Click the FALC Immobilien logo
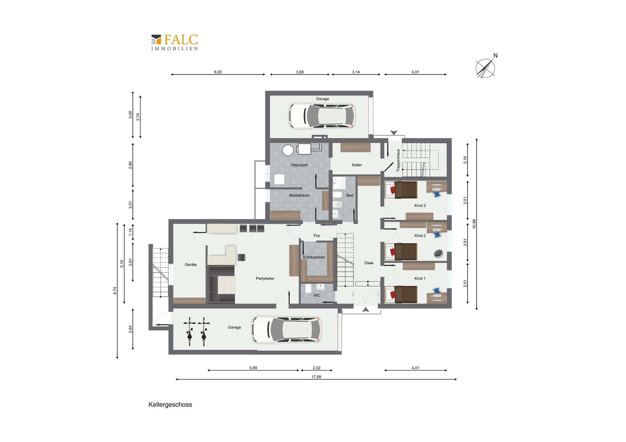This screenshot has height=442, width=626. tap(174, 42)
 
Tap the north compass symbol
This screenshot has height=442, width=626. tap(486, 67)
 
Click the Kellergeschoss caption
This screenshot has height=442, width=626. tap(170, 405)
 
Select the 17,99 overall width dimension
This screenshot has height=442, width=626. tap(316, 377)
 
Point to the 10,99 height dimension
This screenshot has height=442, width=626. tap(474, 224)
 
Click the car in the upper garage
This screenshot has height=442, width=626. tap(321, 116)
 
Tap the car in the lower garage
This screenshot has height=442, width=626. tap(286, 329)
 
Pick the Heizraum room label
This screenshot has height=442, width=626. tap(299, 165)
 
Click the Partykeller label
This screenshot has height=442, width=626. tap(265, 278)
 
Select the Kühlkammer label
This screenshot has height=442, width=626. tap(314, 257)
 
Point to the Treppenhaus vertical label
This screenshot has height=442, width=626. tap(398, 161)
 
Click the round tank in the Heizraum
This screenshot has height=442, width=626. tap(288, 150)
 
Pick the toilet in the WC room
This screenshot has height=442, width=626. tap(308, 289)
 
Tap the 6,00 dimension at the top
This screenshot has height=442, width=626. tap(218, 72)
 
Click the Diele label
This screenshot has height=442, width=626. tap(369, 263)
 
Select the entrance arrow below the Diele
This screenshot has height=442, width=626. tap(366, 309)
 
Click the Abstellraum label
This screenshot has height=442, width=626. tap(299, 195)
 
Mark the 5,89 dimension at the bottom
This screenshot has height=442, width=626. tap(253, 368)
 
